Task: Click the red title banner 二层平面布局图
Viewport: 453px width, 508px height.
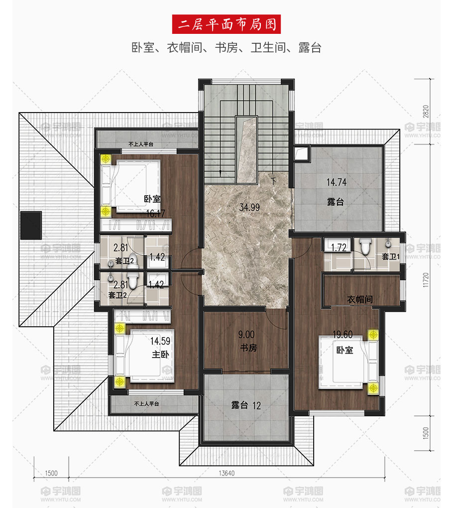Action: click(x=226, y=24)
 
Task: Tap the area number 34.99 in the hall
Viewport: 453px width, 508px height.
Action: click(x=249, y=207)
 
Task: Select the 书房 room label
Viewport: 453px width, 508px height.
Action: click(x=248, y=348)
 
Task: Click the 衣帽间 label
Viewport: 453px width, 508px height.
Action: click(x=360, y=299)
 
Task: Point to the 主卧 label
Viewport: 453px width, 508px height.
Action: click(x=160, y=354)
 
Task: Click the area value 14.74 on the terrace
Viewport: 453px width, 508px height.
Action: click(x=337, y=182)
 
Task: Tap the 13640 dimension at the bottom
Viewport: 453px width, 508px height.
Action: click(x=226, y=473)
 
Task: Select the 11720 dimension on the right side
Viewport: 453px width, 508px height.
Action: click(x=426, y=279)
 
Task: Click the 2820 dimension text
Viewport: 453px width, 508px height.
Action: click(x=426, y=112)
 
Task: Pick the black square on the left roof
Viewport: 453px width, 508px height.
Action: click(x=31, y=225)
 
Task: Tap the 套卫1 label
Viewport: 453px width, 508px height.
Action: click(x=390, y=256)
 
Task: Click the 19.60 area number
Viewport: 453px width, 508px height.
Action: click(x=342, y=335)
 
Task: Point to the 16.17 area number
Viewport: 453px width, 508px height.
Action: click(x=155, y=214)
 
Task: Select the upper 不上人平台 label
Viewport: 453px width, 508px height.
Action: click(x=141, y=144)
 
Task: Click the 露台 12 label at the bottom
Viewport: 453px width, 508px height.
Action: click(x=246, y=405)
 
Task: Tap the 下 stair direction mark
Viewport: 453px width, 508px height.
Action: click(x=274, y=181)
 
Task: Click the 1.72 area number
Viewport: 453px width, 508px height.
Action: click(x=339, y=248)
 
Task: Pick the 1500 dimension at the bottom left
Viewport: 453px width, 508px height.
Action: click(x=51, y=473)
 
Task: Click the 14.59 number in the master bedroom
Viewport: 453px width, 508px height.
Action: click(x=160, y=341)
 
